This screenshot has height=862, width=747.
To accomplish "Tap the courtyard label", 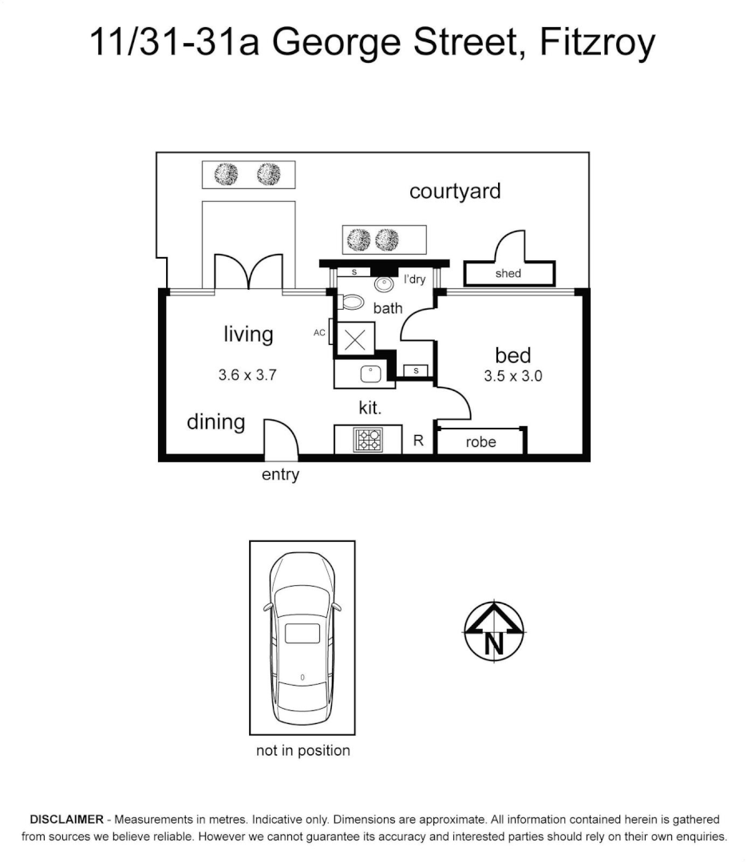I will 455,192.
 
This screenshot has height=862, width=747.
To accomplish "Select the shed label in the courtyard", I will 508,274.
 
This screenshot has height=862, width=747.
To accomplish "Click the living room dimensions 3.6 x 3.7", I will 247,374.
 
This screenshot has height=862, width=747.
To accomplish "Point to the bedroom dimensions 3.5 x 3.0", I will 513,376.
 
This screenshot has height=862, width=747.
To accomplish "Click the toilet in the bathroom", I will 350,302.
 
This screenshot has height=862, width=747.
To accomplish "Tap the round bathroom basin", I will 385,283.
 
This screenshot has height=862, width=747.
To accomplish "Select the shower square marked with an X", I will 355,339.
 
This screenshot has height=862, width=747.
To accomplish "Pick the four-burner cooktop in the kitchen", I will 369,440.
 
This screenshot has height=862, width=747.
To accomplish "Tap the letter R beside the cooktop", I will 418,441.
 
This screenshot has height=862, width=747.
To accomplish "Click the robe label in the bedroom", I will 480,441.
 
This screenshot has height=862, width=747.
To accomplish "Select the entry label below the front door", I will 280,475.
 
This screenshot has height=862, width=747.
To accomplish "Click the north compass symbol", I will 494,631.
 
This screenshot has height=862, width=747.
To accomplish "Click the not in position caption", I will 302,750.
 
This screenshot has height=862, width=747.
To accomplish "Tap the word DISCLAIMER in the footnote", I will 66,820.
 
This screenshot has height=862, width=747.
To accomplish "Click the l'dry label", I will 415,279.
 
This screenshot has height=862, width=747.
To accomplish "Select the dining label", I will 215,421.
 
